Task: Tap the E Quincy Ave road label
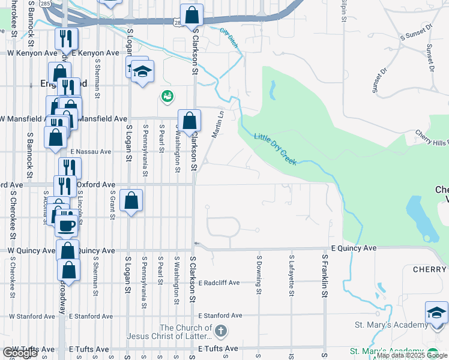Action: pos(354,248)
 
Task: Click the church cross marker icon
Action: pos(221,331)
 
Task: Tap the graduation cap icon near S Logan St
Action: pos(142,72)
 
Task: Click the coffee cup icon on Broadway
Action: pos(66,226)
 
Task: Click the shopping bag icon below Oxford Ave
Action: pos(131,200)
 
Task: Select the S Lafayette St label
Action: pos(291,276)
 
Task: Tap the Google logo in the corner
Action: pos(20,353)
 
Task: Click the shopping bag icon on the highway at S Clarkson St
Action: pos(191,15)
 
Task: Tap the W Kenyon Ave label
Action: pos(32,53)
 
